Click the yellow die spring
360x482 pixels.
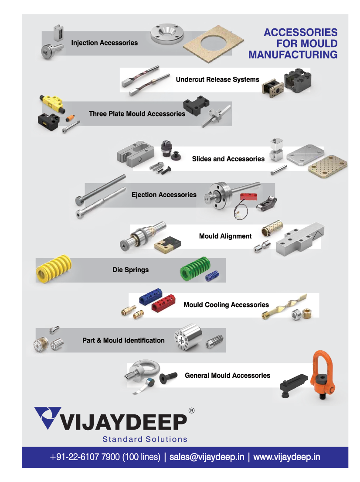54,268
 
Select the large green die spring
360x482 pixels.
195,269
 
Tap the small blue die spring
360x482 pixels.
212,276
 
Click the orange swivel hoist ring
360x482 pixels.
323,375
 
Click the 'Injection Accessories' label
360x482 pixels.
105,43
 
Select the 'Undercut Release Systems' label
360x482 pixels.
217,80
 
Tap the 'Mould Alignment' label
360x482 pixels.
225,236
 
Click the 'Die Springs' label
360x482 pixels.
131,270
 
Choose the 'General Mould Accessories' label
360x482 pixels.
228,375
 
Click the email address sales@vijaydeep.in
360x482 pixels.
207,457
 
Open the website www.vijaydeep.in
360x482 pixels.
287,457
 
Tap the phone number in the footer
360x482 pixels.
105,457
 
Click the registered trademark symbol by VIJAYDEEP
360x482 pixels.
191,410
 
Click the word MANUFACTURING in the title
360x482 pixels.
293,55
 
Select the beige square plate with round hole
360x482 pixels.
213,43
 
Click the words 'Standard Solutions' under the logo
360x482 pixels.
145,439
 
